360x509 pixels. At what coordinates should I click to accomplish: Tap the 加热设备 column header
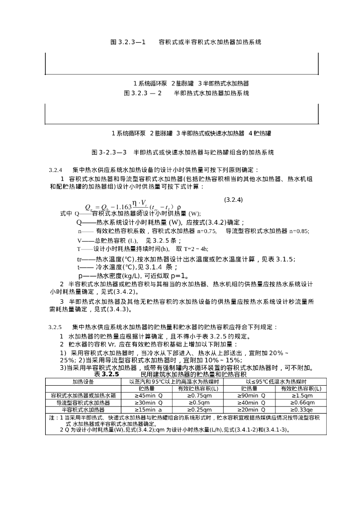[83, 381]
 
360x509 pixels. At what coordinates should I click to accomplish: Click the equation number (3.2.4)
[233, 200]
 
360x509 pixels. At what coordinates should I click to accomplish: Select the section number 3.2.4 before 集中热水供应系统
[55, 170]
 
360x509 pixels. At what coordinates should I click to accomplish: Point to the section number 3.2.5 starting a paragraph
[55, 328]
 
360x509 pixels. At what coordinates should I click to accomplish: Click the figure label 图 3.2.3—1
[128, 42]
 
